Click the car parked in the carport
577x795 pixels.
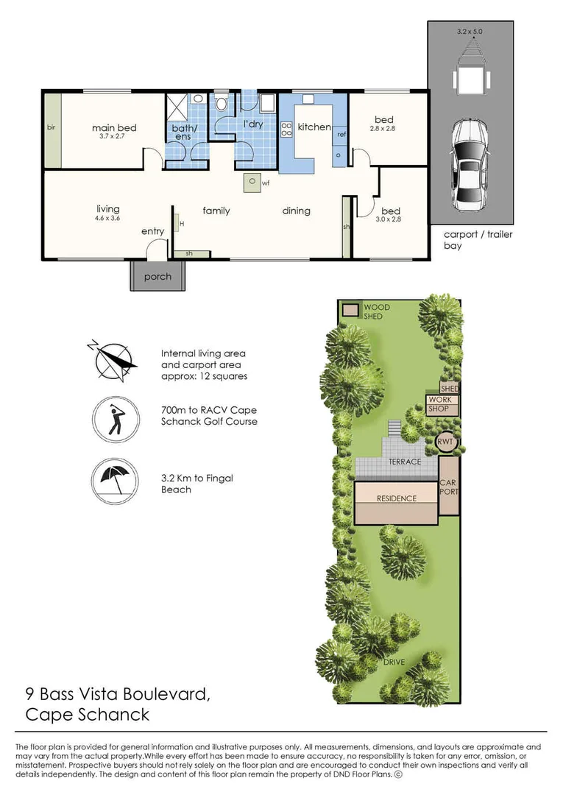coord(470,163)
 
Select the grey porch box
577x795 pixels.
coord(157,276)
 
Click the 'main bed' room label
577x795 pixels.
coord(114,128)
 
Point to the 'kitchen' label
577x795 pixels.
coord(314,127)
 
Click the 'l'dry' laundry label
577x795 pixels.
coord(253,124)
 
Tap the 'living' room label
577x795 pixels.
coord(107,209)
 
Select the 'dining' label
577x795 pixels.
coord(297,211)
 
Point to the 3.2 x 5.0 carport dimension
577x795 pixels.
coord(470,32)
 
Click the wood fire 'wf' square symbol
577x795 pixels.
coord(252,182)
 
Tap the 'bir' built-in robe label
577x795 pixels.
coord(52,127)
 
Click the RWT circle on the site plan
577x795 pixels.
coord(447,442)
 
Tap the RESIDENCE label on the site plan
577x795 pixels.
coord(397,498)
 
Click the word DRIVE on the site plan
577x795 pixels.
coord(394,662)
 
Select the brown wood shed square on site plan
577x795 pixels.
coord(351,310)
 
